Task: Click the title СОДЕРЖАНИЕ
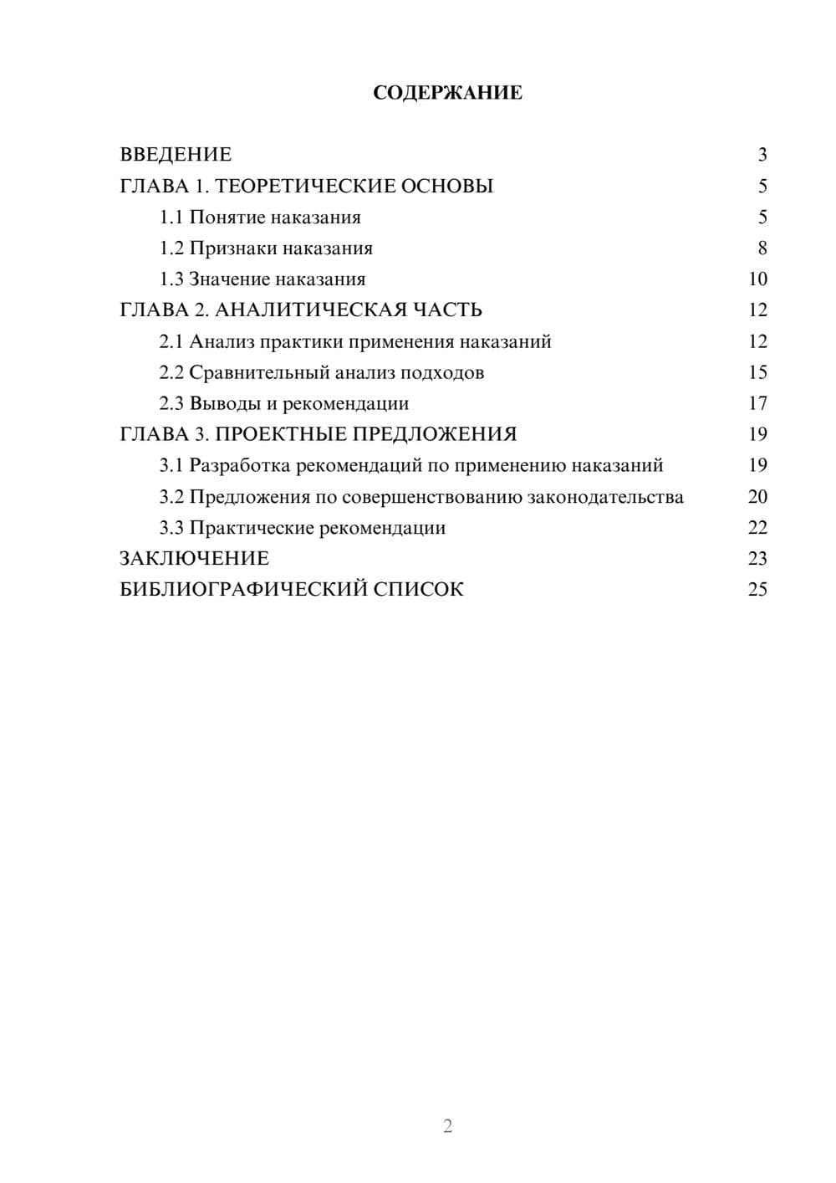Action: [447, 93]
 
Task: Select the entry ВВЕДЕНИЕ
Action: [176, 155]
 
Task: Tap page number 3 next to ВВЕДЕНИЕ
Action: [762, 155]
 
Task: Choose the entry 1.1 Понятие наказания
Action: [260, 218]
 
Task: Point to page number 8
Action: [762, 248]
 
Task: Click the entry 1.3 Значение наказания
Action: [263, 279]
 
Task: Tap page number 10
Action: [757, 279]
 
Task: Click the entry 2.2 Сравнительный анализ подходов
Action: [322, 372]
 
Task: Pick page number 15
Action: [757, 372]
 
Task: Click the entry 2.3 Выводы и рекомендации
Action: [284, 403]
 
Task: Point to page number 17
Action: [757, 403]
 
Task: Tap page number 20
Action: [757, 497]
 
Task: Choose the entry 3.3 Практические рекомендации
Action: [303, 528]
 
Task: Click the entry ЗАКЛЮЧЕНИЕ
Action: [194, 558]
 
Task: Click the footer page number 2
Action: [447, 1126]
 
